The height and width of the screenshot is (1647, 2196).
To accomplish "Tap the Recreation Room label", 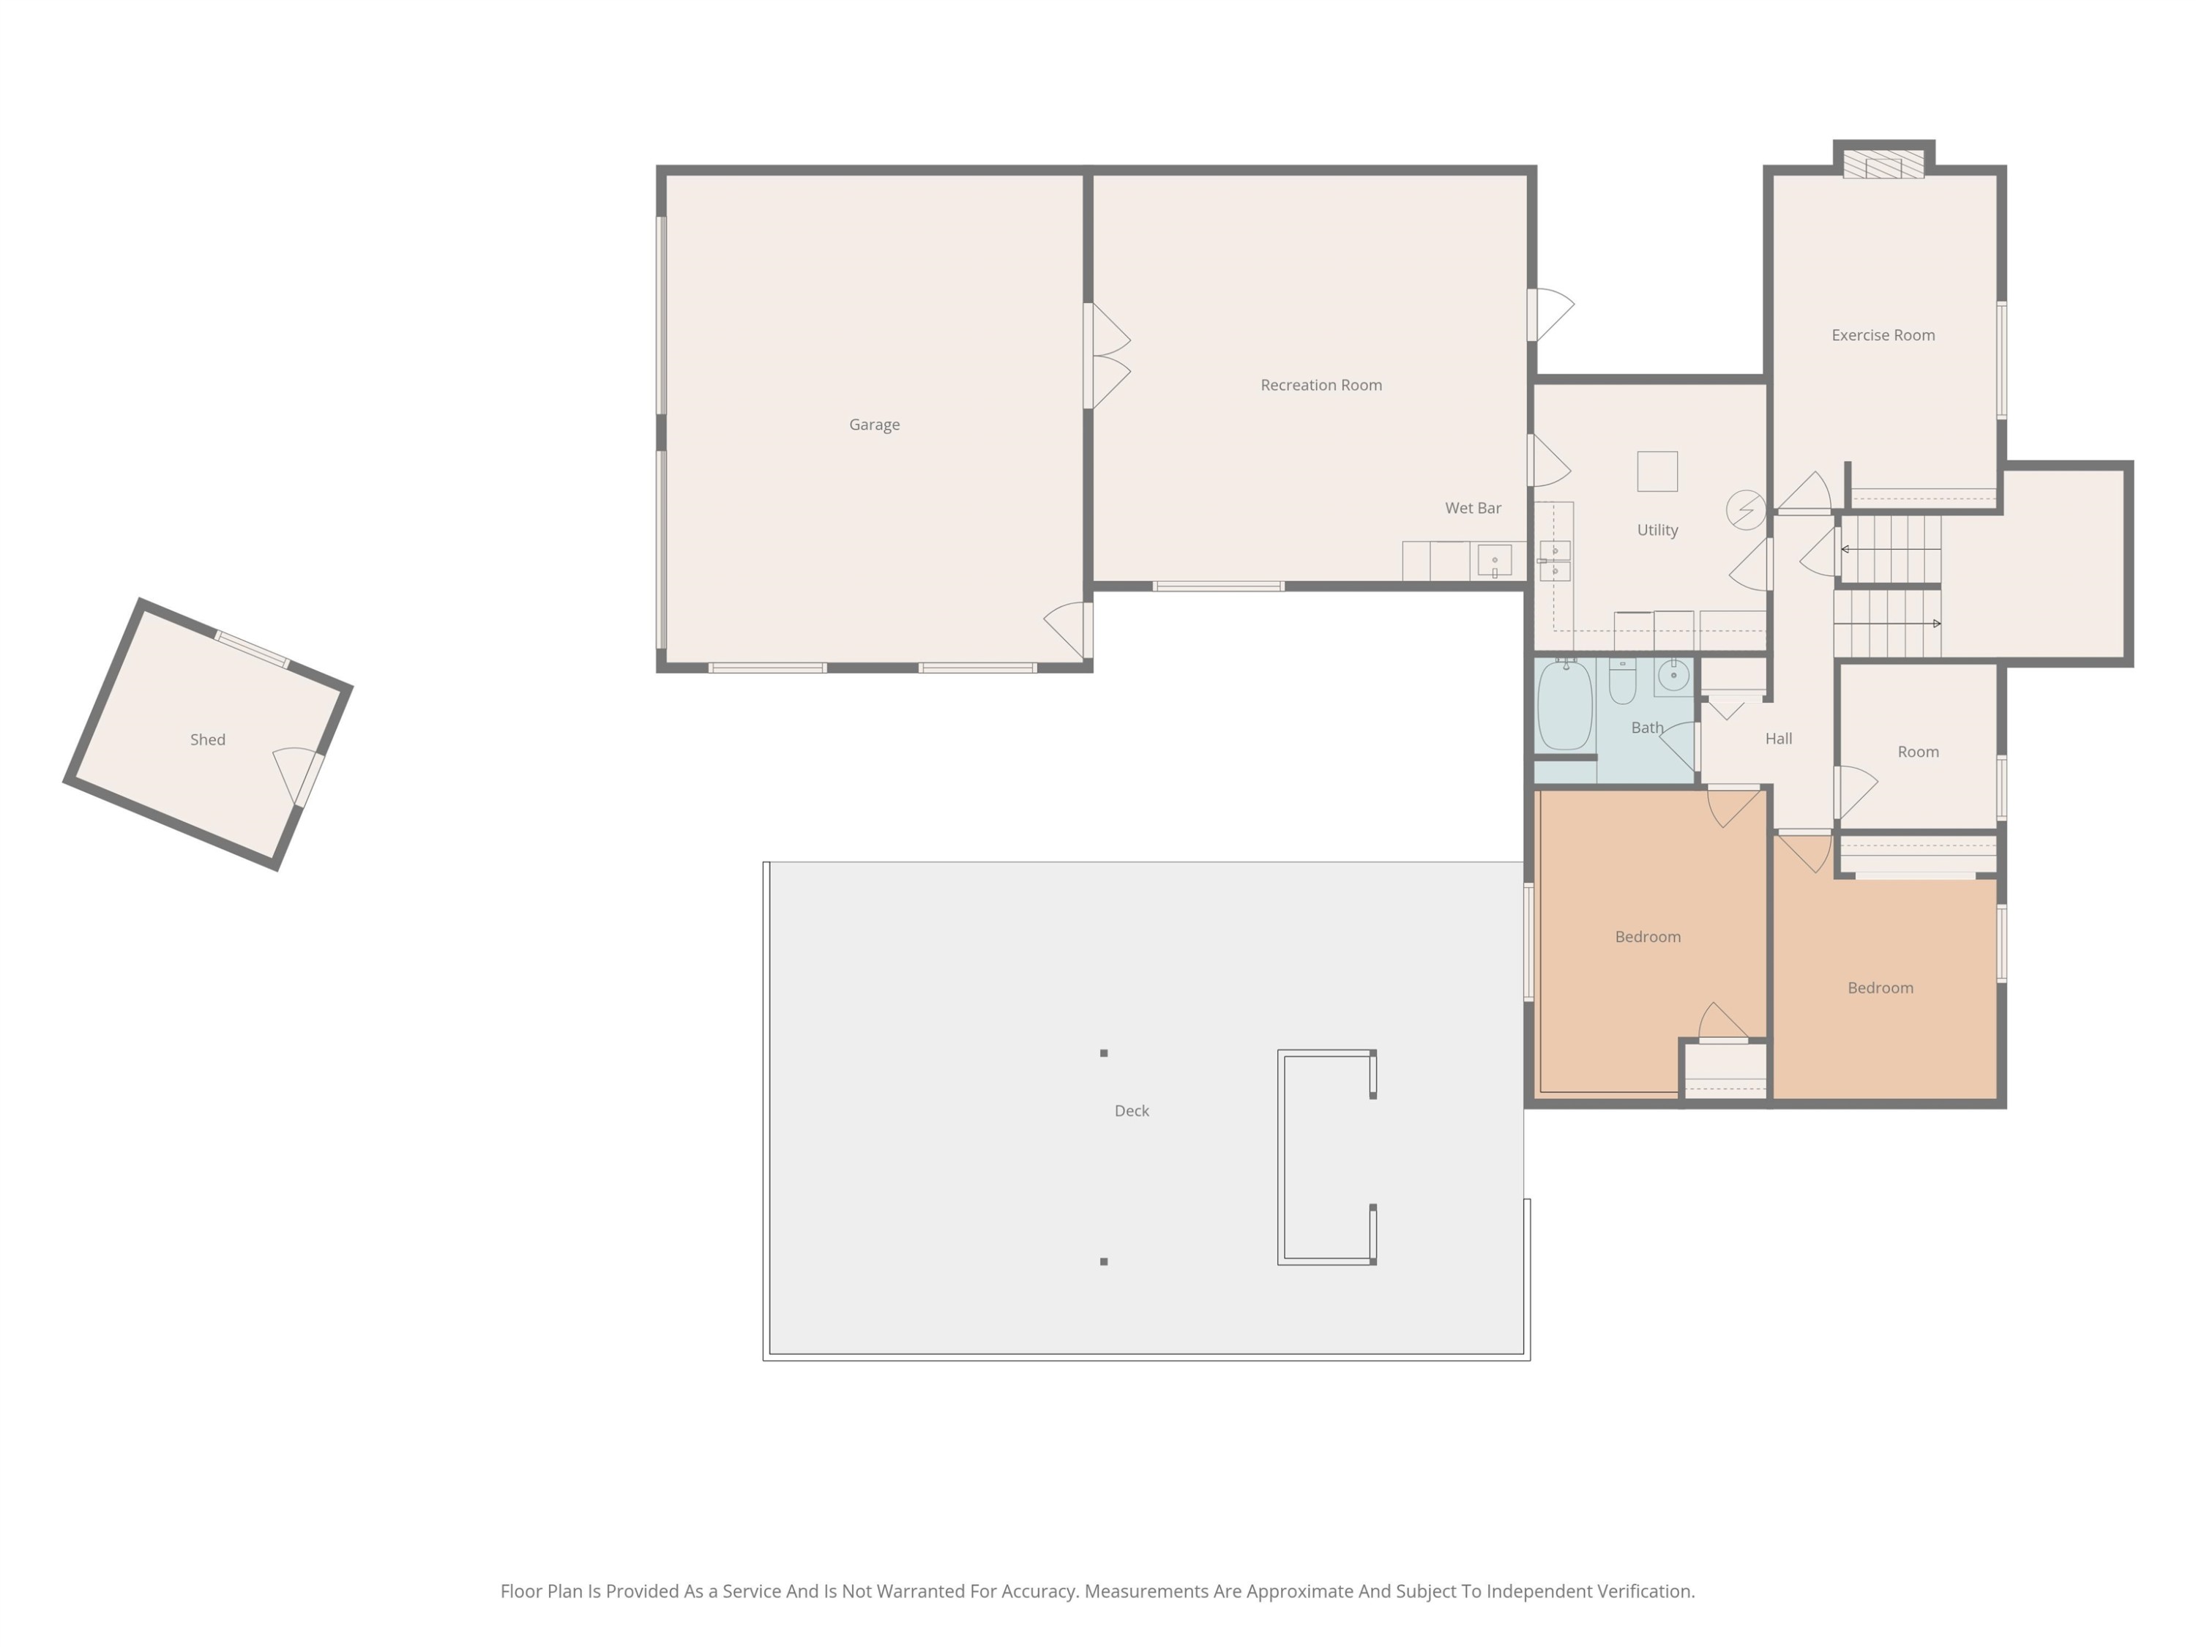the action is [1321, 385].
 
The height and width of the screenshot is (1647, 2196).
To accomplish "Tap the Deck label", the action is [1132, 1111].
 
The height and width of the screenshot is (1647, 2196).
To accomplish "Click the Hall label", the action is [1778, 739].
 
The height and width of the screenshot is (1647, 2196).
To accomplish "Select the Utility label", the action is [1657, 530].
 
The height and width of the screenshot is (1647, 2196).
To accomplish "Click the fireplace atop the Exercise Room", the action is [1883, 164].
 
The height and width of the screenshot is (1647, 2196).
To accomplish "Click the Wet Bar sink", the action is [1494, 561].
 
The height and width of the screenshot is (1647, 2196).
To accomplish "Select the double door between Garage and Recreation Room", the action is [1107, 356].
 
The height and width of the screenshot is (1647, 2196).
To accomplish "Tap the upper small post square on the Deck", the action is [1103, 1053].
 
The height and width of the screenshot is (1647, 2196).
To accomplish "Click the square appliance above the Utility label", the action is [1657, 471].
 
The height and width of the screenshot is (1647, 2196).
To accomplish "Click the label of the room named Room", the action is [1917, 752].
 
